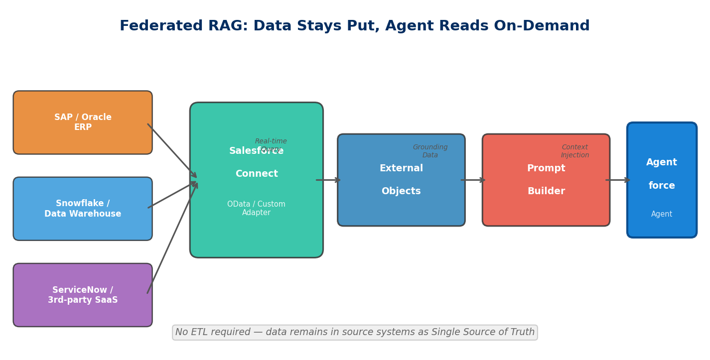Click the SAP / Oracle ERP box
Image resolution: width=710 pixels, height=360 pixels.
pyautogui.click(x=83, y=122)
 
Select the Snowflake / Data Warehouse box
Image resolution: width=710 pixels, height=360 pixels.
pyautogui.click(x=83, y=209)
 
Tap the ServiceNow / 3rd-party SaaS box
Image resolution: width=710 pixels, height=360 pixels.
pyautogui.click(x=83, y=295)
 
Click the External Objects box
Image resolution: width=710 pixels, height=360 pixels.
pyautogui.click(x=401, y=180)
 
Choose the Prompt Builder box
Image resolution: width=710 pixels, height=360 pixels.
pyautogui.click(x=546, y=180)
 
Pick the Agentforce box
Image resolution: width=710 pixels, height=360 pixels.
pyautogui.click(x=662, y=180)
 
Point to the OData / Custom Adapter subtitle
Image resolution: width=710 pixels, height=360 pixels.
pyautogui.click(x=256, y=208)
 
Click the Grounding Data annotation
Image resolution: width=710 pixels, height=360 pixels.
pyautogui.click(x=430, y=151)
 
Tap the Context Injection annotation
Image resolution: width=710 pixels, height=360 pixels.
pyautogui.click(x=575, y=151)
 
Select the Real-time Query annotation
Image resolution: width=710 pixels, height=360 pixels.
pyautogui.click(x=271, y=145)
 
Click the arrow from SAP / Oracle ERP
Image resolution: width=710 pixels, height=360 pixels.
pyautogui.click(x=172, y=150)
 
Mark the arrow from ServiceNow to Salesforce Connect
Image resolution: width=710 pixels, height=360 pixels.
pyautogui.click(x=172, y=238)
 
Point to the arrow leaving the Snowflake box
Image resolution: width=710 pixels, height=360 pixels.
pyautogui.click(x=172, y=195)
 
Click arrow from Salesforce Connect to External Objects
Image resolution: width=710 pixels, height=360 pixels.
pyautogui.click(x=328, y=180)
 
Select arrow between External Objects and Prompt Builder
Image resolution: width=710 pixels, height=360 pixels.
pyautogui.click(x=473, y=180)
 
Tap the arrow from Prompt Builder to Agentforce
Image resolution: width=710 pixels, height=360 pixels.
pyautogui.click(x=618, y=180)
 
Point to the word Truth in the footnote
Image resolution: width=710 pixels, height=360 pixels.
pyautogui.click(x=521, y=332)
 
